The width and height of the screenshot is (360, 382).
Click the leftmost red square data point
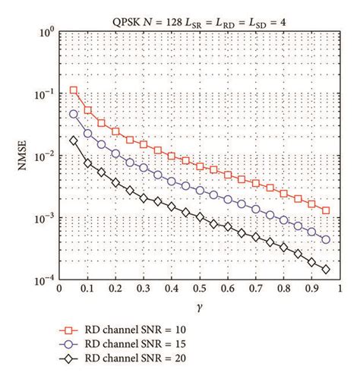74,90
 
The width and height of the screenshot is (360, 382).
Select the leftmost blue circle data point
74,114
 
